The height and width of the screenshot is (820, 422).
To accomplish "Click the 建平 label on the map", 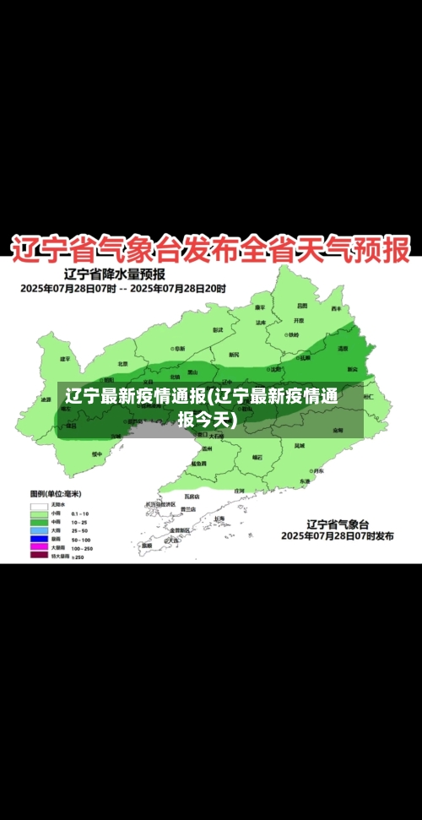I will pyautogui.click(x=66, y=359).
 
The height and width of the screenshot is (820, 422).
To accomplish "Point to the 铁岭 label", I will pyautogui.click(x=292, y=334).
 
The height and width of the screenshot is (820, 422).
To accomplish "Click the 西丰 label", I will pyautogui.click(x=337, y=309).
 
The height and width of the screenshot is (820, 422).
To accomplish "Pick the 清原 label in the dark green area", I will pyautogui.click(x=343, y=348).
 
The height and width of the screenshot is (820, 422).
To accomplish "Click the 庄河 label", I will pyautogui.click(x=239, y=490).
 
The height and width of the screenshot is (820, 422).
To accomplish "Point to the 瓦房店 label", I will pyautogui.click(x=192, y=497).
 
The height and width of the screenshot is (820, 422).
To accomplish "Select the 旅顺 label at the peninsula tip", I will pyautogui.click(x=147, y=546).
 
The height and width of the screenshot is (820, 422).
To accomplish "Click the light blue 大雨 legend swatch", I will pyautogui.click(x=39, y=529).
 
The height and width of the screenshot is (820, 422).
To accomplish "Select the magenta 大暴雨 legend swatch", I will pyautogui.click(x=39, y=547).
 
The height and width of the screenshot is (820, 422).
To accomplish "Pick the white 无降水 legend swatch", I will pyautogui.click(x=39, y=504).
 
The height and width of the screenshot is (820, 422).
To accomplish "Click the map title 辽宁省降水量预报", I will pyautogui.click(x=115, y=274).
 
